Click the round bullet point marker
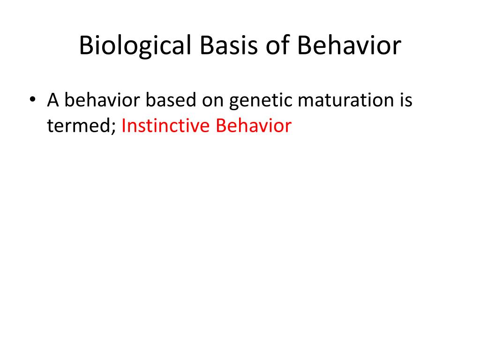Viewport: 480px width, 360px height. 32,101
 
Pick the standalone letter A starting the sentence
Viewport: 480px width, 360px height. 52,100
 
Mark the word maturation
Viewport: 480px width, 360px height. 341,100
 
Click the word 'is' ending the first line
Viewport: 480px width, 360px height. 405,100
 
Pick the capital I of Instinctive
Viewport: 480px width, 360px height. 124,126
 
